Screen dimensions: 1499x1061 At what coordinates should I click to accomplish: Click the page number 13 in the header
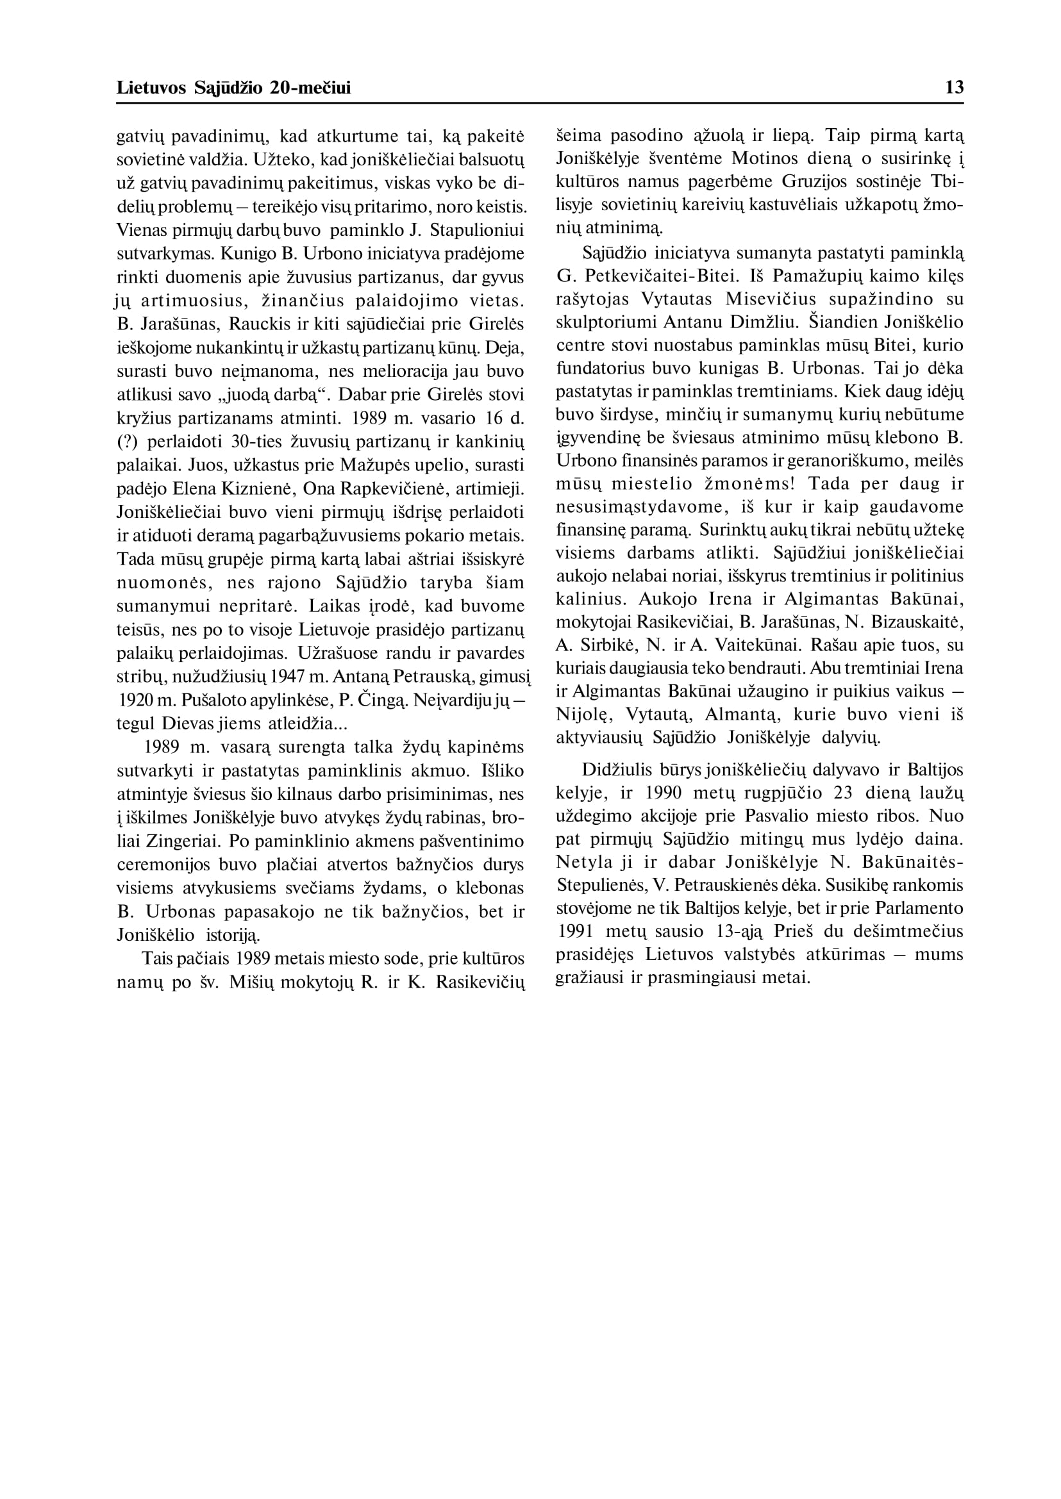pos(954,88)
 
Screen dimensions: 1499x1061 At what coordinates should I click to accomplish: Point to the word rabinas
pos(467,818)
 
